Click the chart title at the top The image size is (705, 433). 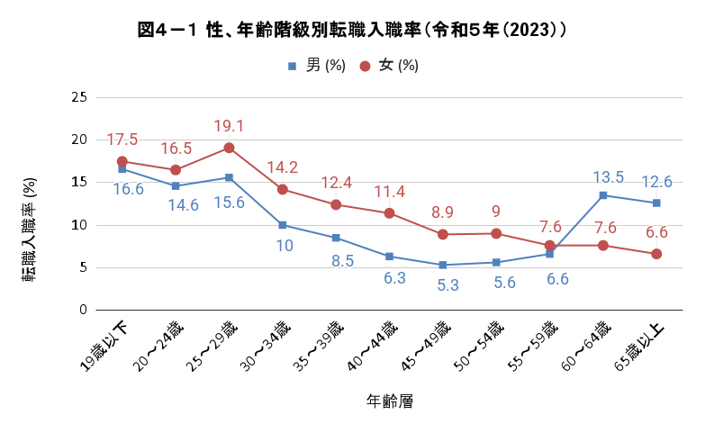[352, 30]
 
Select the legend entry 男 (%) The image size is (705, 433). [316, 66]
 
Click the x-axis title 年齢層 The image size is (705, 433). [389, 401]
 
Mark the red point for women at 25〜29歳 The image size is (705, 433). [230, 148]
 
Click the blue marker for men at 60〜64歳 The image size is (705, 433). [603, 195]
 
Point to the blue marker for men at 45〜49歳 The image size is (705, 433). [443, 265]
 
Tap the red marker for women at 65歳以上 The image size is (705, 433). [656, 254]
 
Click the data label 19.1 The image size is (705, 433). [230, 126]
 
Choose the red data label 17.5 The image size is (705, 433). [122, 140]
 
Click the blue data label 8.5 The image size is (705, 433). [335, 261]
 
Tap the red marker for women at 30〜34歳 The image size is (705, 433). [283, 189]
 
